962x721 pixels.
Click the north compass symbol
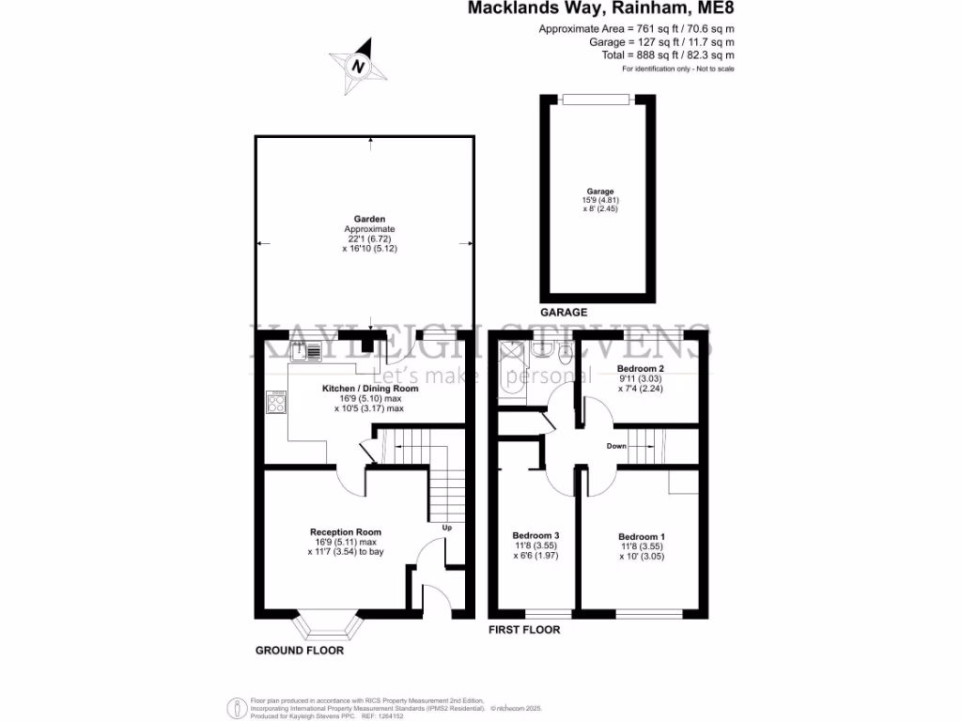pos(358,66)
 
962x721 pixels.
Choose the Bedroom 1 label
pos(642,537)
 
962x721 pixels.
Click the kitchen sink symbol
pos(306,352)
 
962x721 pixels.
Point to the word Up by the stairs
pos(447,528)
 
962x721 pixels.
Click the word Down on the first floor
pos(616,446)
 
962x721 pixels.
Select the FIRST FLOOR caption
pos(524,630)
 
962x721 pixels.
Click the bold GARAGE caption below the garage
pos(564,313)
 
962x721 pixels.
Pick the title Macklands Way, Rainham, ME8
pos(601,10)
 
